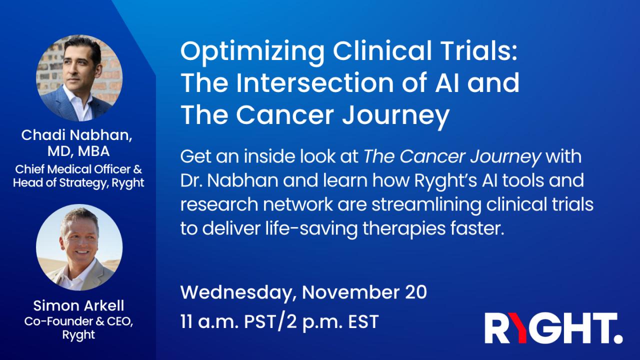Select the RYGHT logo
point(553,329)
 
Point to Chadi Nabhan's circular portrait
point(79,77)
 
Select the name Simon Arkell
point(79,306)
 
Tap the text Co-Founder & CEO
point(79,320)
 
